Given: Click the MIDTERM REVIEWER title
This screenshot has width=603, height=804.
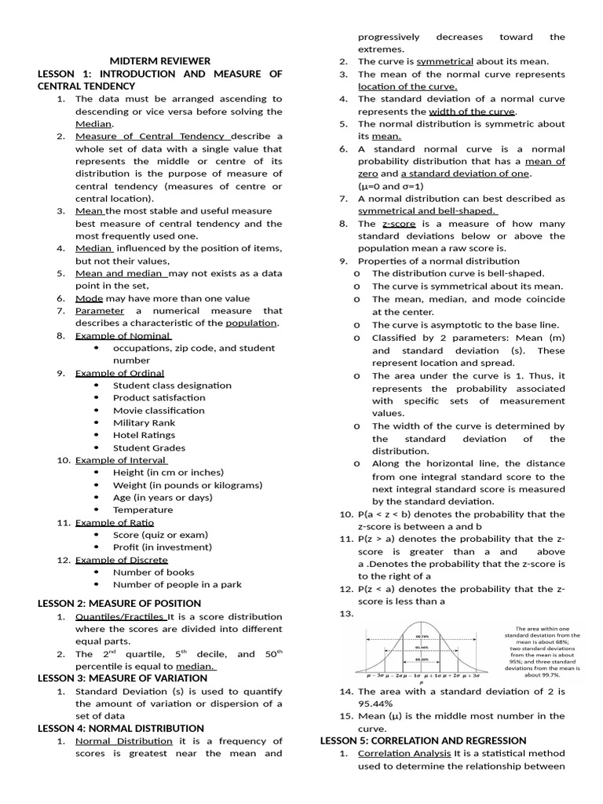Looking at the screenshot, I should tap(159, 60).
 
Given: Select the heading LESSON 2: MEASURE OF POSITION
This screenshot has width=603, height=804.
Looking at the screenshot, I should tap(119, 603).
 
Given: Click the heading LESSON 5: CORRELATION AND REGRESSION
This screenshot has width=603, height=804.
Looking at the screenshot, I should tap(423, 740).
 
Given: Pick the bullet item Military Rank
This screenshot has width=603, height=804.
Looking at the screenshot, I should tap(144, 422).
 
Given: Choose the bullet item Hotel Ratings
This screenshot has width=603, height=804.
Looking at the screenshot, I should tap(144, 435).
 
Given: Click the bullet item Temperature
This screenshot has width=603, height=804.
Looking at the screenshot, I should tap(143, 510).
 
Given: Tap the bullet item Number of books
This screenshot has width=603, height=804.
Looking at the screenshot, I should tap(153, 572).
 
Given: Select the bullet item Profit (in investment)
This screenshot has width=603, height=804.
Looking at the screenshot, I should tap(162, 546).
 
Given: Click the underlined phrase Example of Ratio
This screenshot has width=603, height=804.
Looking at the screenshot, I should tap(115, 522).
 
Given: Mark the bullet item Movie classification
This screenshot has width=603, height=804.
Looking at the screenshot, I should tap(159, 410).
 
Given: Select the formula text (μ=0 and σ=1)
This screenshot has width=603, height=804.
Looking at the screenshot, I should tap(391, 186).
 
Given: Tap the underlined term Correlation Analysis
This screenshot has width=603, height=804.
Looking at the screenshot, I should tap(404, 753).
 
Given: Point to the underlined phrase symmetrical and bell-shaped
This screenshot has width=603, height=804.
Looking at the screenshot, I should tap(427, 210).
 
